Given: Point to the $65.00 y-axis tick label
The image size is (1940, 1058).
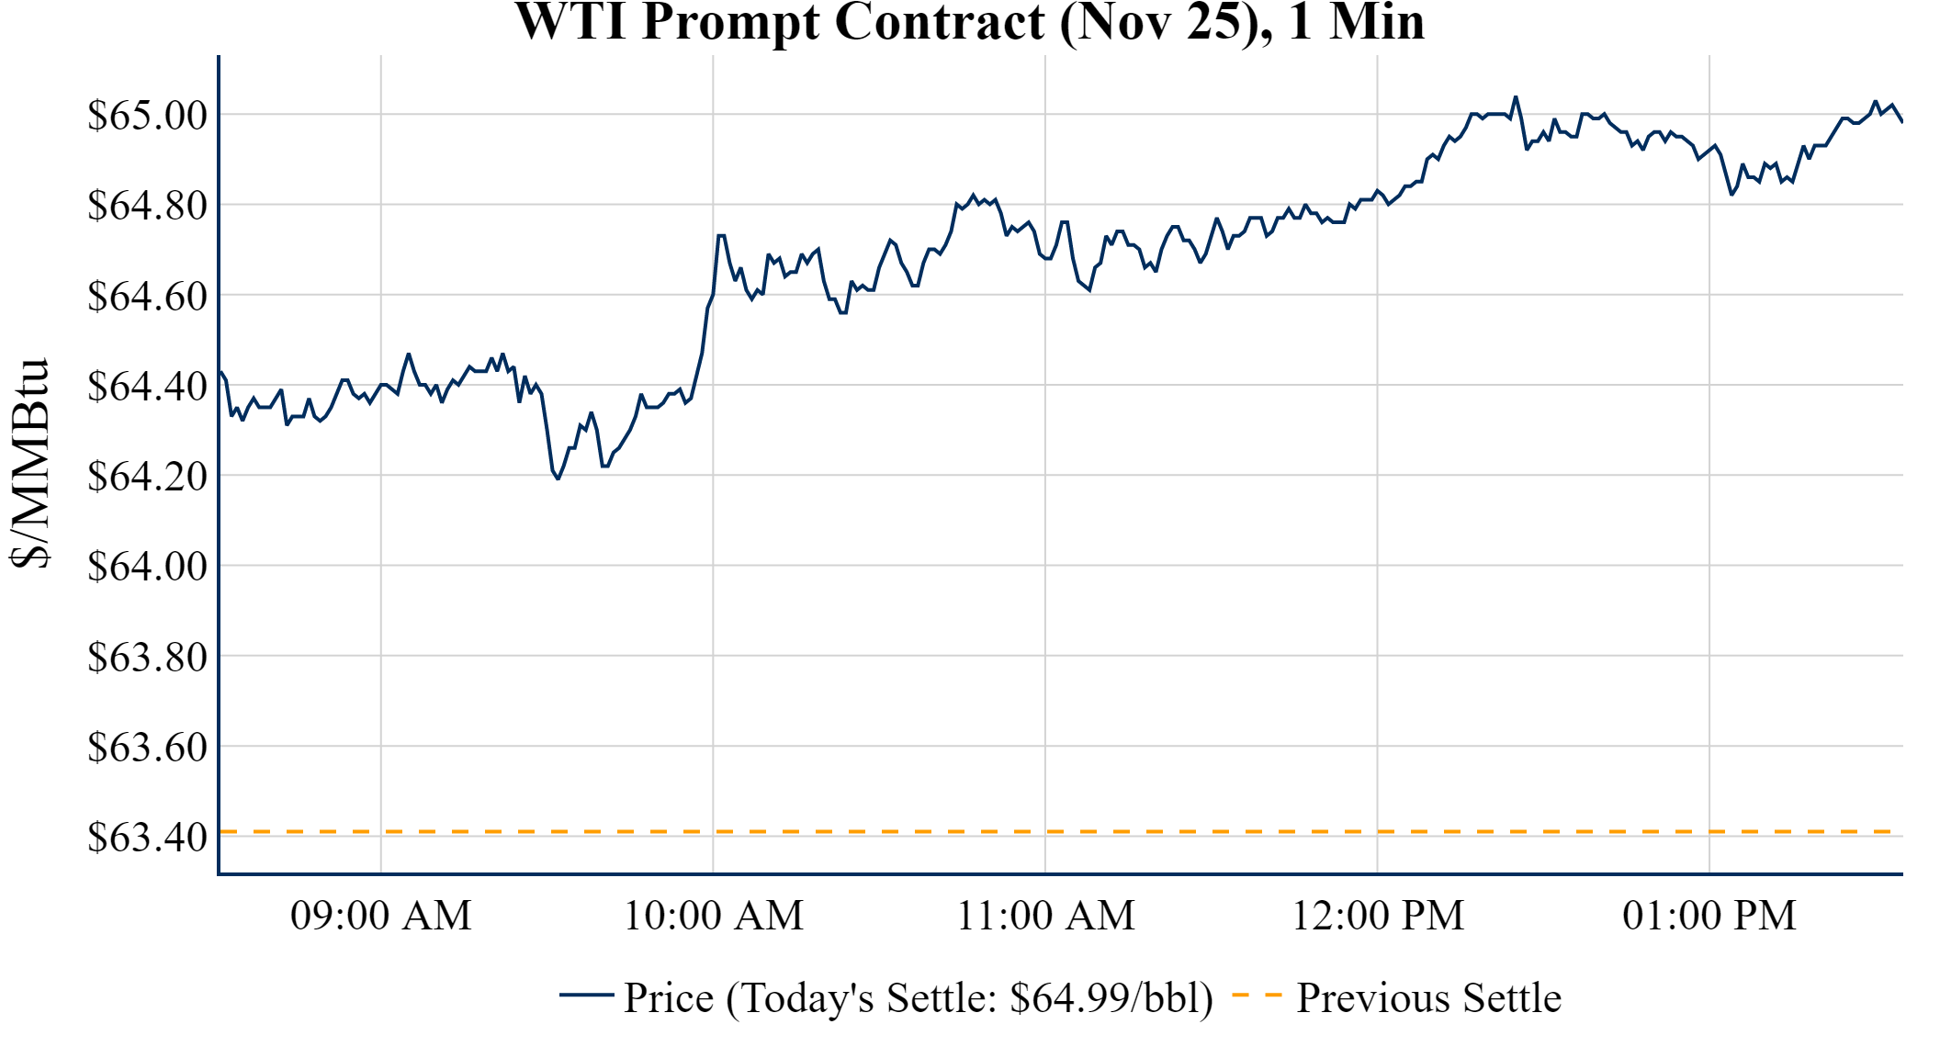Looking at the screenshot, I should (147, 116).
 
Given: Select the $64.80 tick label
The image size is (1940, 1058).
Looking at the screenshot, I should (147, 206).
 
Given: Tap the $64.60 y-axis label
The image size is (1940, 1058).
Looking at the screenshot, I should (147, 297).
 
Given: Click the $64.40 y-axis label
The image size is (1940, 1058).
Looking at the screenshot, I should (147, 387).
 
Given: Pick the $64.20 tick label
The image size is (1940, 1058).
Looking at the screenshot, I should (147, 477).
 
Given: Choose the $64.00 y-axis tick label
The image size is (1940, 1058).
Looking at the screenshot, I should (147, 567).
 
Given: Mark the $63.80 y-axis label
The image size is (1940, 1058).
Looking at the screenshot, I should (147, 658).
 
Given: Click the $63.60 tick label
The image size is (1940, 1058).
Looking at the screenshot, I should (147, 748).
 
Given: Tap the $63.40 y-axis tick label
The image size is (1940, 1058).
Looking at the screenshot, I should (147, 838).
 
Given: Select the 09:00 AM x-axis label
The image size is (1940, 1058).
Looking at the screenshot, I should (380, 916).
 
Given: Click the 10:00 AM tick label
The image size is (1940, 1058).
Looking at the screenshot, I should (713, 916).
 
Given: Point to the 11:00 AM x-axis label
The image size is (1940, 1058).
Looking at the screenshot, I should (1045, 916).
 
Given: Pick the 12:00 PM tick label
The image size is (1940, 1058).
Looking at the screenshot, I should (1377, 916).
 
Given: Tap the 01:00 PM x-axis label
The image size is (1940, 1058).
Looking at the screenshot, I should (1709, 916).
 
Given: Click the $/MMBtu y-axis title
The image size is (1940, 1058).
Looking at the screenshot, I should (29, 464).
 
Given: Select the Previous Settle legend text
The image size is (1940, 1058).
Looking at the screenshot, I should (1428, 998).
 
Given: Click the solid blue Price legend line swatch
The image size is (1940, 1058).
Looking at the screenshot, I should (586, 995).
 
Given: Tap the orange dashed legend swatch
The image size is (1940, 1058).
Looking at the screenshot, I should (1256, 995).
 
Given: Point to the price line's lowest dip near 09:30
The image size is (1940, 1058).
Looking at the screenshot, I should (558, 478).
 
